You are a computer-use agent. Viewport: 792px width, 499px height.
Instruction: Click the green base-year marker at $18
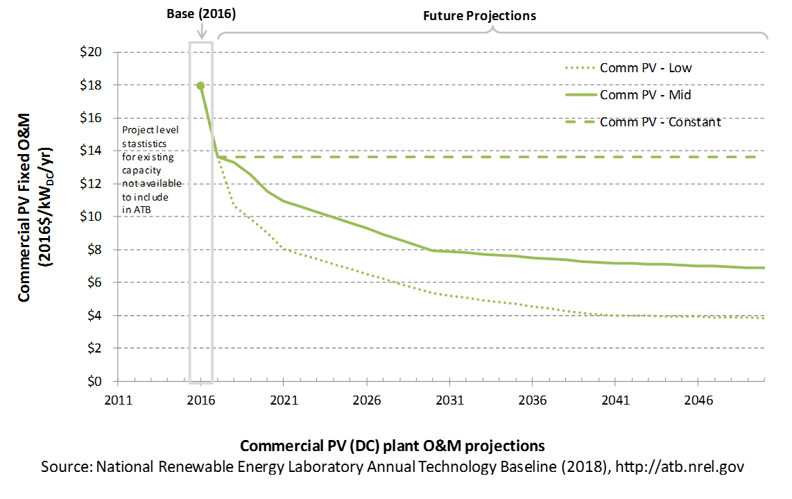200,86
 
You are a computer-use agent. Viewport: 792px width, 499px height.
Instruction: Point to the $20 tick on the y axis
91,52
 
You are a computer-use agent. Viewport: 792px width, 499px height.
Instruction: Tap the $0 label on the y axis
94,381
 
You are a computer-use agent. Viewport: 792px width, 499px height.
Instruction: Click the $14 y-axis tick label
91,151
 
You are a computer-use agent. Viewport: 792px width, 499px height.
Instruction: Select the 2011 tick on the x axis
118,400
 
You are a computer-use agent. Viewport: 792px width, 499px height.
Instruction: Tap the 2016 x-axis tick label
201,400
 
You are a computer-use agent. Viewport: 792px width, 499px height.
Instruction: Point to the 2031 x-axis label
449,400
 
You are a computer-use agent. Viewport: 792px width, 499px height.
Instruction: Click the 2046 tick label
698,400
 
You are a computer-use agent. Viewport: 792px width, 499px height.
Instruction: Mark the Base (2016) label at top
201,14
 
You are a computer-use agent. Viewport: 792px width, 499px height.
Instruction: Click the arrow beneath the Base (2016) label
202,31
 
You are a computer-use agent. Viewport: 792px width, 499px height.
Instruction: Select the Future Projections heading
479,16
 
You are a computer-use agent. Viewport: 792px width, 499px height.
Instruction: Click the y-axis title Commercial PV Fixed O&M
24,208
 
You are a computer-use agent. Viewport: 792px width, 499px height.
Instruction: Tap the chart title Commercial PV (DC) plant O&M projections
393,446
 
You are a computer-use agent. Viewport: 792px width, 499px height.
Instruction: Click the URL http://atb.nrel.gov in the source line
680,466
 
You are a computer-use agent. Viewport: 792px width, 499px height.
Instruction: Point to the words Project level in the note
150,130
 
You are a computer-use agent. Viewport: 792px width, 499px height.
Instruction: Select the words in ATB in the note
137,210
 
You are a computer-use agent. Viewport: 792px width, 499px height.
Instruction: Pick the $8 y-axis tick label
94,250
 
